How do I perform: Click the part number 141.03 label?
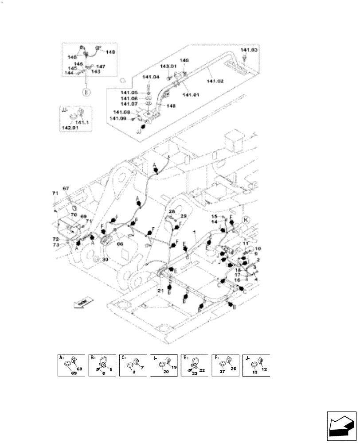pyautogui.click(x=249, y=51)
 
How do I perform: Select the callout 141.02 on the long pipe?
pyautogui.click(x=215, y=81)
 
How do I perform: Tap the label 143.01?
pyautogui.click(x=168, y=66)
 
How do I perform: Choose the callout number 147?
pyautogui.click(x=101, y=66)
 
